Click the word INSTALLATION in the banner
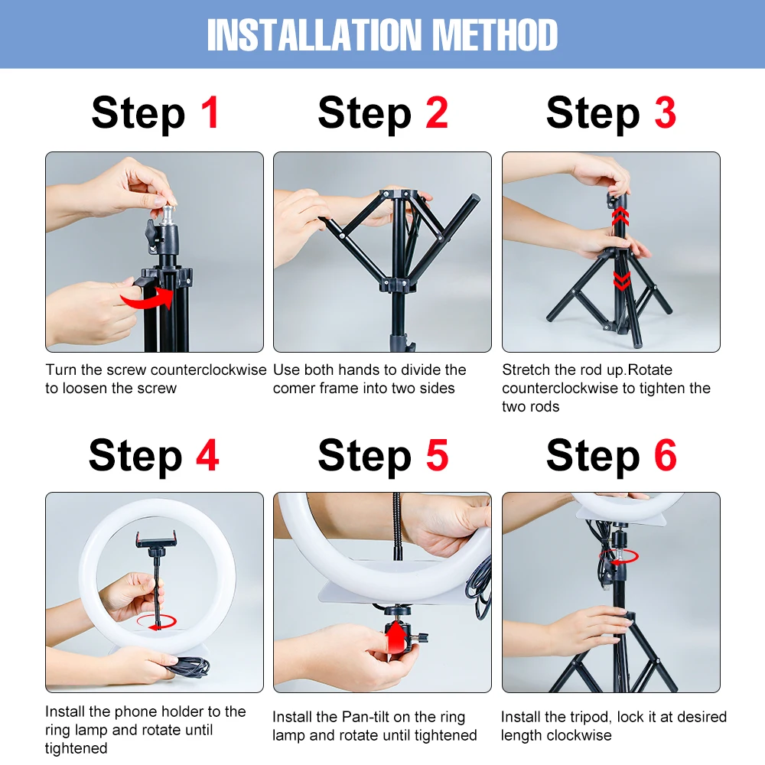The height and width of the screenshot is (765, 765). [314, 35]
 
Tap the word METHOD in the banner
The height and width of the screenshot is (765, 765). [495, 35]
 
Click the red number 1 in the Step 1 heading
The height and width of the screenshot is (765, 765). [210, 112]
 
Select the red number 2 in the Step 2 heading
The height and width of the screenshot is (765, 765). [437, 112]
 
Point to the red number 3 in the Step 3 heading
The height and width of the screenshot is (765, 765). [665, 112]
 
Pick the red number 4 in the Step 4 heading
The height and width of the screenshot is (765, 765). [208, 455]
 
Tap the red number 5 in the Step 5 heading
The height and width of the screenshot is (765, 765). [437, 455]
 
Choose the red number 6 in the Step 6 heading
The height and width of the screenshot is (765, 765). [666, 455]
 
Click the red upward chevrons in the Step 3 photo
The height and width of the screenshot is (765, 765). [620, 216]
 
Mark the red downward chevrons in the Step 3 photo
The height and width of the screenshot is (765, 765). [621, 281]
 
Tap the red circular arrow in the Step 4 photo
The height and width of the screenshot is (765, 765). [157, 622]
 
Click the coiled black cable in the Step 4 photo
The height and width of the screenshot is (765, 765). [188, 666]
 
